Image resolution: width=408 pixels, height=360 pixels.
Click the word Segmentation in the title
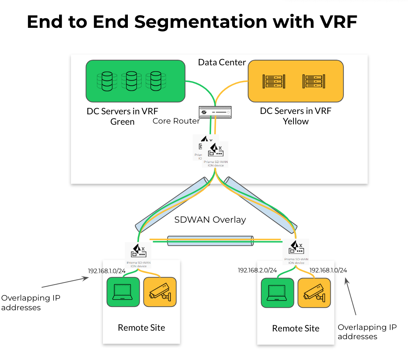pyautogui.click(x=200, y=22)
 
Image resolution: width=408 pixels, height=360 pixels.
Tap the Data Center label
pyautogui.click(x=222, y=62)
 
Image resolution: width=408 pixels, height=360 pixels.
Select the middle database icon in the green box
pyautogui.click(x=131, y=81)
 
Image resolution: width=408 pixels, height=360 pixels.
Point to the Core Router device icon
pyautogui.click(x=215, y=111)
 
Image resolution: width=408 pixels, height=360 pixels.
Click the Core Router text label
pyautogui.click(x=176, y=121)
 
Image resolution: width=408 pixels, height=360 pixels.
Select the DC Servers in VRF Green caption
pyautogui.click(x=122, y=116)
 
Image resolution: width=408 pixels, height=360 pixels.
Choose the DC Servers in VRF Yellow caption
pyautogui.click(x=295, y=116)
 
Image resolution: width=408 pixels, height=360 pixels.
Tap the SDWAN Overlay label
pyautogui.click(x=210, y=220)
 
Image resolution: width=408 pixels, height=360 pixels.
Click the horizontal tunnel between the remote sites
pyautogui.click(x=210, y=240)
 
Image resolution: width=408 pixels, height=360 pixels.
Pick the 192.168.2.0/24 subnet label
pyautogui.click(x=257, y=270)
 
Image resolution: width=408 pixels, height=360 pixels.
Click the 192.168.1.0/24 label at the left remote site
pyautogui.click(x=107, y=271)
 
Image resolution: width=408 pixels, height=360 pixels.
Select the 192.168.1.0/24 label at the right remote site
pyautogui.click(x=328, y=270)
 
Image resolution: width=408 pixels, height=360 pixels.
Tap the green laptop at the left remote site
pyautogui.click(x=123, y=292)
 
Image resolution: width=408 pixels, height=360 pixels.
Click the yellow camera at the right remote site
pyautogui.click(x=314, y=292)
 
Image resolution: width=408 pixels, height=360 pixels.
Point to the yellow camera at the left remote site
pyautogui.click(x=160, y=292)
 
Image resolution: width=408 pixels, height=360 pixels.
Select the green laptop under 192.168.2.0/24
pyautogui.click(x=277, y=292)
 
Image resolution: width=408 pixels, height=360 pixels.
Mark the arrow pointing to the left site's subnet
pyautogui.click(x=65, y=282)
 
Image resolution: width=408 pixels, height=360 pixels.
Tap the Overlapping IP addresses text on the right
pyautogui.click(x=367, y=332)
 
